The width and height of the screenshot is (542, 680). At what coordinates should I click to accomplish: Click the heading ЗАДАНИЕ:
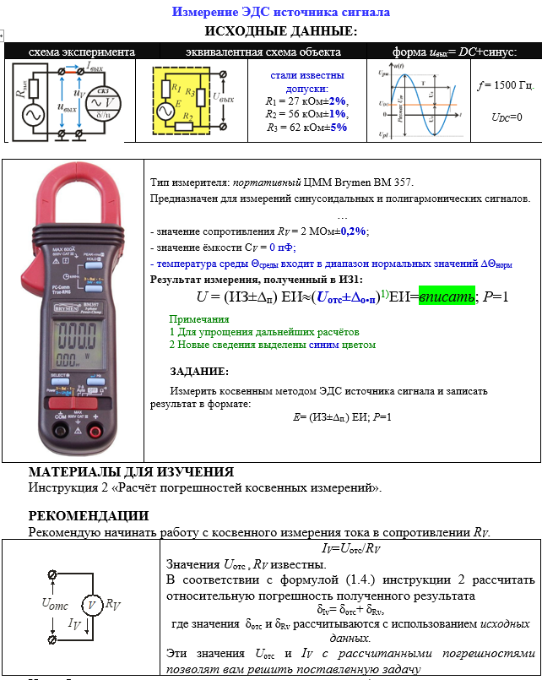[199, 372]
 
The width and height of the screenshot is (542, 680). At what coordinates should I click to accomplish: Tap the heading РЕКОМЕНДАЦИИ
[89, 515]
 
